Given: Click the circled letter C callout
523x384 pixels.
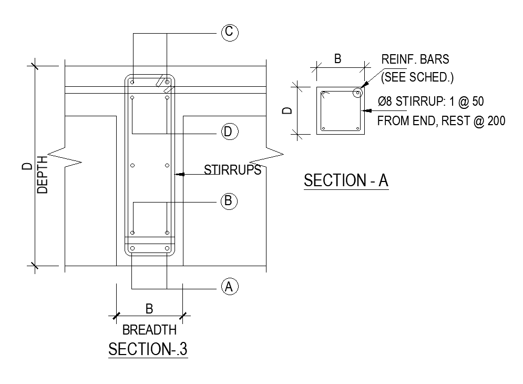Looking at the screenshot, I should click(229, 33).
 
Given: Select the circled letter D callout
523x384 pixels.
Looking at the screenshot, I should click(228, 132).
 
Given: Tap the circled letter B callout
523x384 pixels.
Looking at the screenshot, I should click(228, 201).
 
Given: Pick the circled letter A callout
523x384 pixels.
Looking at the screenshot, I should click(228, 287).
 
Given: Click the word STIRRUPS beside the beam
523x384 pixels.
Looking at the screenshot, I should click(232, 170).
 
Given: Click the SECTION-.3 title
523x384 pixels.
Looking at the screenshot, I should click(148, 349).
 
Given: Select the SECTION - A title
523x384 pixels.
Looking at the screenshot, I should click(346, 180).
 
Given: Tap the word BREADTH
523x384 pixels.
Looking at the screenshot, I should click(149, 330).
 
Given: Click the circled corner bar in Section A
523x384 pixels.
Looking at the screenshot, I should click(358, 93).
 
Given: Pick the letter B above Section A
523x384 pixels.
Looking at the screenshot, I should click(338, 59).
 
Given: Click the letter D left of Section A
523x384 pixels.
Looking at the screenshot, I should click(287, 111).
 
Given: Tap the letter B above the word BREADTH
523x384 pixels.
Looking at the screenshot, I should click(149, 308).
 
